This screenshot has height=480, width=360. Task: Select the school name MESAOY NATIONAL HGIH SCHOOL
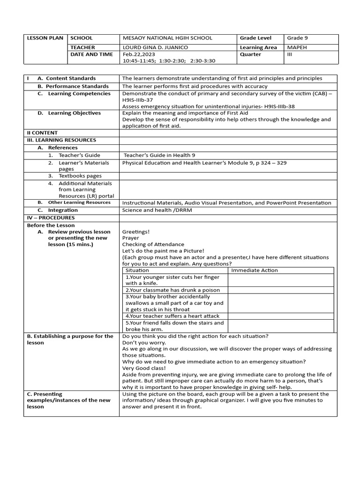(x=167, y=38)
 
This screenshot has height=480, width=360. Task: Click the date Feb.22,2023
(x=137, y=54)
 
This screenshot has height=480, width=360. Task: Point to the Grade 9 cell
(x=298, y=38)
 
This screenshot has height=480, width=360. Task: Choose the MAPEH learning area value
(x=298, y=47)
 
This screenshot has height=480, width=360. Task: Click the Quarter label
(x=251, y=54)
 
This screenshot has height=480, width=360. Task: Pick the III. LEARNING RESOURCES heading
(x=61, y=140)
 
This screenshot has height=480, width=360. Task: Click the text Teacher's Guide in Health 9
(x=159, y=155)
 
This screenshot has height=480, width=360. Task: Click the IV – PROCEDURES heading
(x=51, y=218)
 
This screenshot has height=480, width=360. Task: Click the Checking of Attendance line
(x=147, y=244)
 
